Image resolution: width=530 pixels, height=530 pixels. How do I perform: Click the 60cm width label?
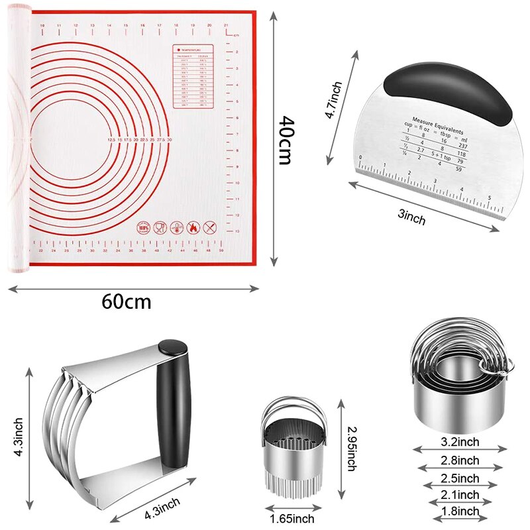point(127,301)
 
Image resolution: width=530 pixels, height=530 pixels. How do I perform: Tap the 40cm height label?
point(286,140)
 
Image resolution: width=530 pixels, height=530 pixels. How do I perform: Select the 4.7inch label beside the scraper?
point(333,100)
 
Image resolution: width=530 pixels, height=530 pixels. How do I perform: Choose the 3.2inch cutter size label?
point(460,443)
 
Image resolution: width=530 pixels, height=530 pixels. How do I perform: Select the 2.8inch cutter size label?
point(460,460)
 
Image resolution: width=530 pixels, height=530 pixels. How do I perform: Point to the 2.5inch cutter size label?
point(460,478)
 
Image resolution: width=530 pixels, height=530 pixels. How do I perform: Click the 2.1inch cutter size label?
point(460,495)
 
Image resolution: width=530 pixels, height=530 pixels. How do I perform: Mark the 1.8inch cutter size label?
point(460,511)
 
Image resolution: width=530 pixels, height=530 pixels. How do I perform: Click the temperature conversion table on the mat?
point(193,76)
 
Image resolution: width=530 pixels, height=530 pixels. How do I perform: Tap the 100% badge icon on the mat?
point(144,228)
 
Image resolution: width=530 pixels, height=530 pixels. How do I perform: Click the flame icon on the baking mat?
point(193,228)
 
